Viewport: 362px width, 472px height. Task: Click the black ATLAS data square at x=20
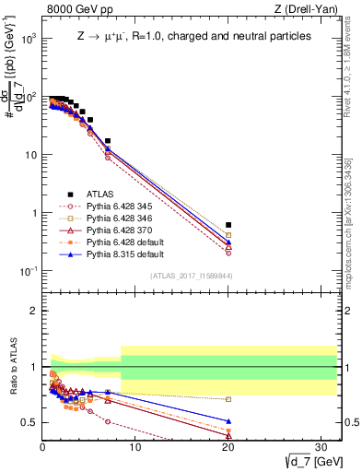coord(228,225)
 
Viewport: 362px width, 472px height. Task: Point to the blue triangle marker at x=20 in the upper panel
coord(228,242)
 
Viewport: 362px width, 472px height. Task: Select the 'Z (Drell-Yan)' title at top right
coord(309,9)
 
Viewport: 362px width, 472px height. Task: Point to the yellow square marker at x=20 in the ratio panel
coord(228,399)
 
